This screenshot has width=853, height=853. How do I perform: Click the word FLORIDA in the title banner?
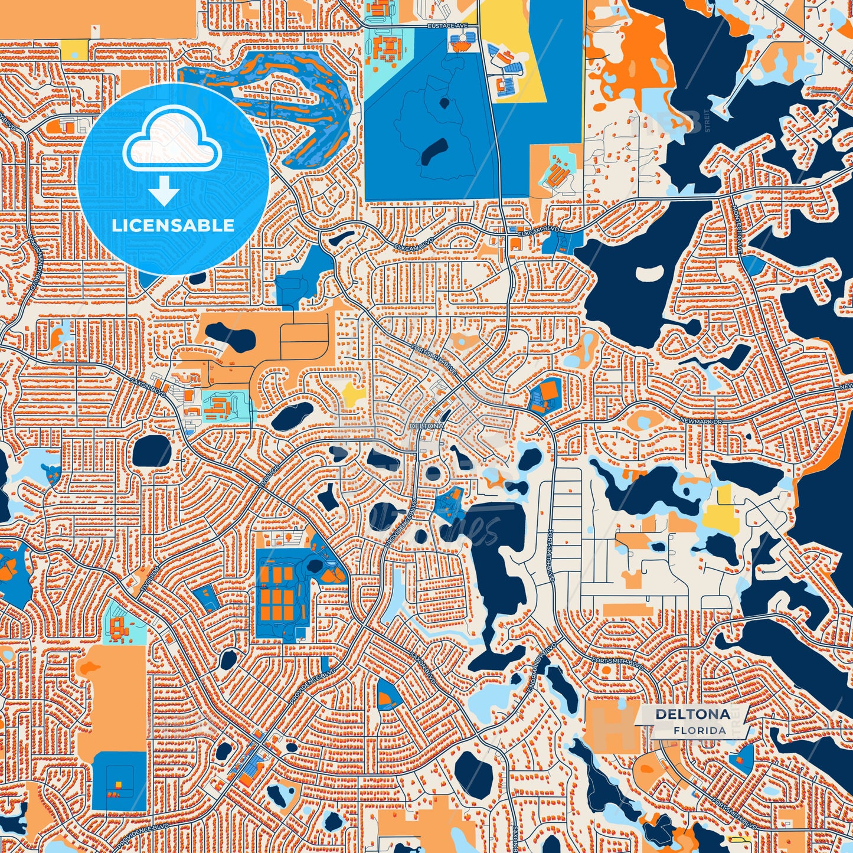click(x=700, y=730)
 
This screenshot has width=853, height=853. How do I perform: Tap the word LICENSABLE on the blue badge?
click(x=173, y=225)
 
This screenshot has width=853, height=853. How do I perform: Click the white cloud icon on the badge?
click(x=172, y=141)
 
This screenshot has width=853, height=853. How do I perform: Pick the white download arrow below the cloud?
click(x=164, y=192)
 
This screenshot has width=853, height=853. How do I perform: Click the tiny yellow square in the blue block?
click(x=118, y=785)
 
